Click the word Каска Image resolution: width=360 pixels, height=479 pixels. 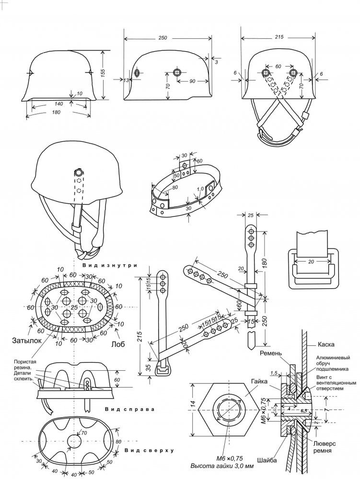click(326, 344)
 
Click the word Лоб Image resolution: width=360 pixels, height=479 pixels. click(118, 344)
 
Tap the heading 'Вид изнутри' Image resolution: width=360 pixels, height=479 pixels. click(110, 265)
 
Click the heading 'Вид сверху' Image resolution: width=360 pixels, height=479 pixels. click(149, 450)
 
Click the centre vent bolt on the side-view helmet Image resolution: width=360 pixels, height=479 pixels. click(177, 72)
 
